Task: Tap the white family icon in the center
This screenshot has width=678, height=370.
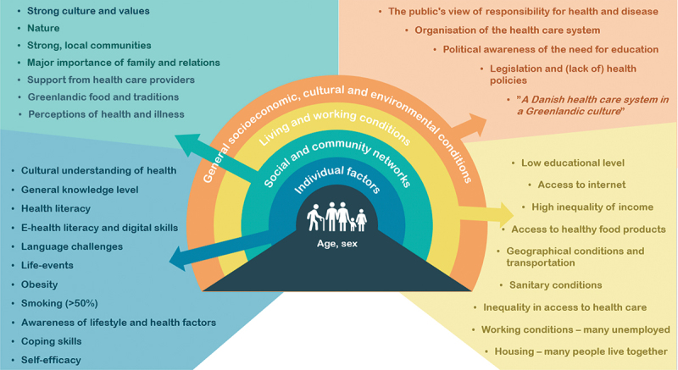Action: [336, 217]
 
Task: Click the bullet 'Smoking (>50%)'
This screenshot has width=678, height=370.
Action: [57, 303]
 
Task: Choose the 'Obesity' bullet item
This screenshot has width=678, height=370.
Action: [41, 284]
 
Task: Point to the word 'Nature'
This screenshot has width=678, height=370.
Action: [45, 28]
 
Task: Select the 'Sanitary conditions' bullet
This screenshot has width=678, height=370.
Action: [555, 285]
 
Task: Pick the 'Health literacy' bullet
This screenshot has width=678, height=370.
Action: [56, 208]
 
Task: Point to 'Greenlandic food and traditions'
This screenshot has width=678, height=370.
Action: [99, 97]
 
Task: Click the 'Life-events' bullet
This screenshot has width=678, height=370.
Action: [50, 265]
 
